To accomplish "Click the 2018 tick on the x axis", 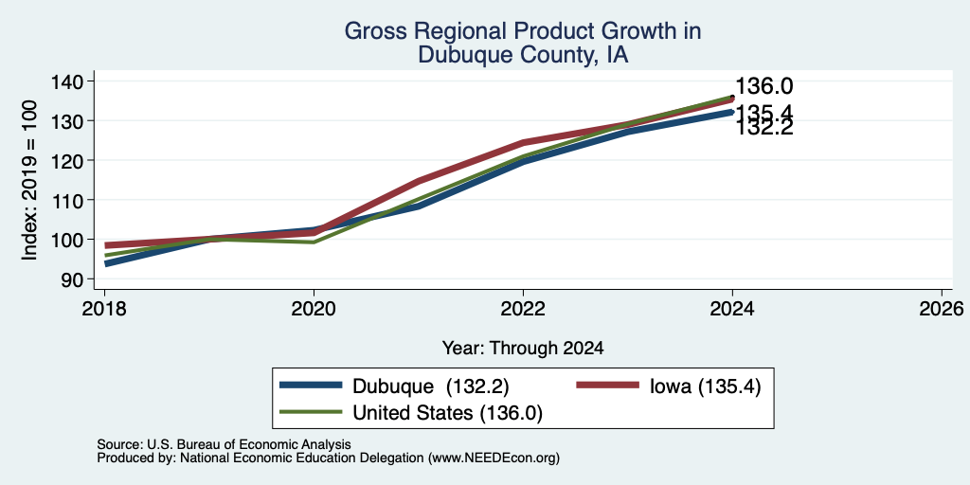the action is click(x=104, y=309).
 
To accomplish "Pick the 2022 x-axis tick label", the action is click(x=523, y=309).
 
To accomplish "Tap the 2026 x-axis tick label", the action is click(x=942, y=309).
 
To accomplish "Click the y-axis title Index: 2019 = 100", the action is click(x=29, y=180).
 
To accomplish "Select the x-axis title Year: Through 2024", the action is click(x=523, y=349).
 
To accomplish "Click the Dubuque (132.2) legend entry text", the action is click(x=431, y=386).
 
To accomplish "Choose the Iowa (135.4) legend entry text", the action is click(x=705, y=386).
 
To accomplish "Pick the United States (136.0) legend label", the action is click(x=447, y=413).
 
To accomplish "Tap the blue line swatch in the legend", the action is click(x=311, y=386).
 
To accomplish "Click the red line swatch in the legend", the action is click(x=607, y=386).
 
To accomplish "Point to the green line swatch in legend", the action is click(x=311, y=411).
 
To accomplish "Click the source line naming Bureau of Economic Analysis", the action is click(x=224, y=444).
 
